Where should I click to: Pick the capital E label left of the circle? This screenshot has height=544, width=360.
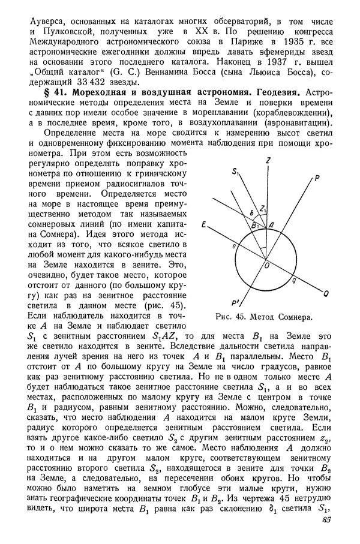click(x=205, y=226)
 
